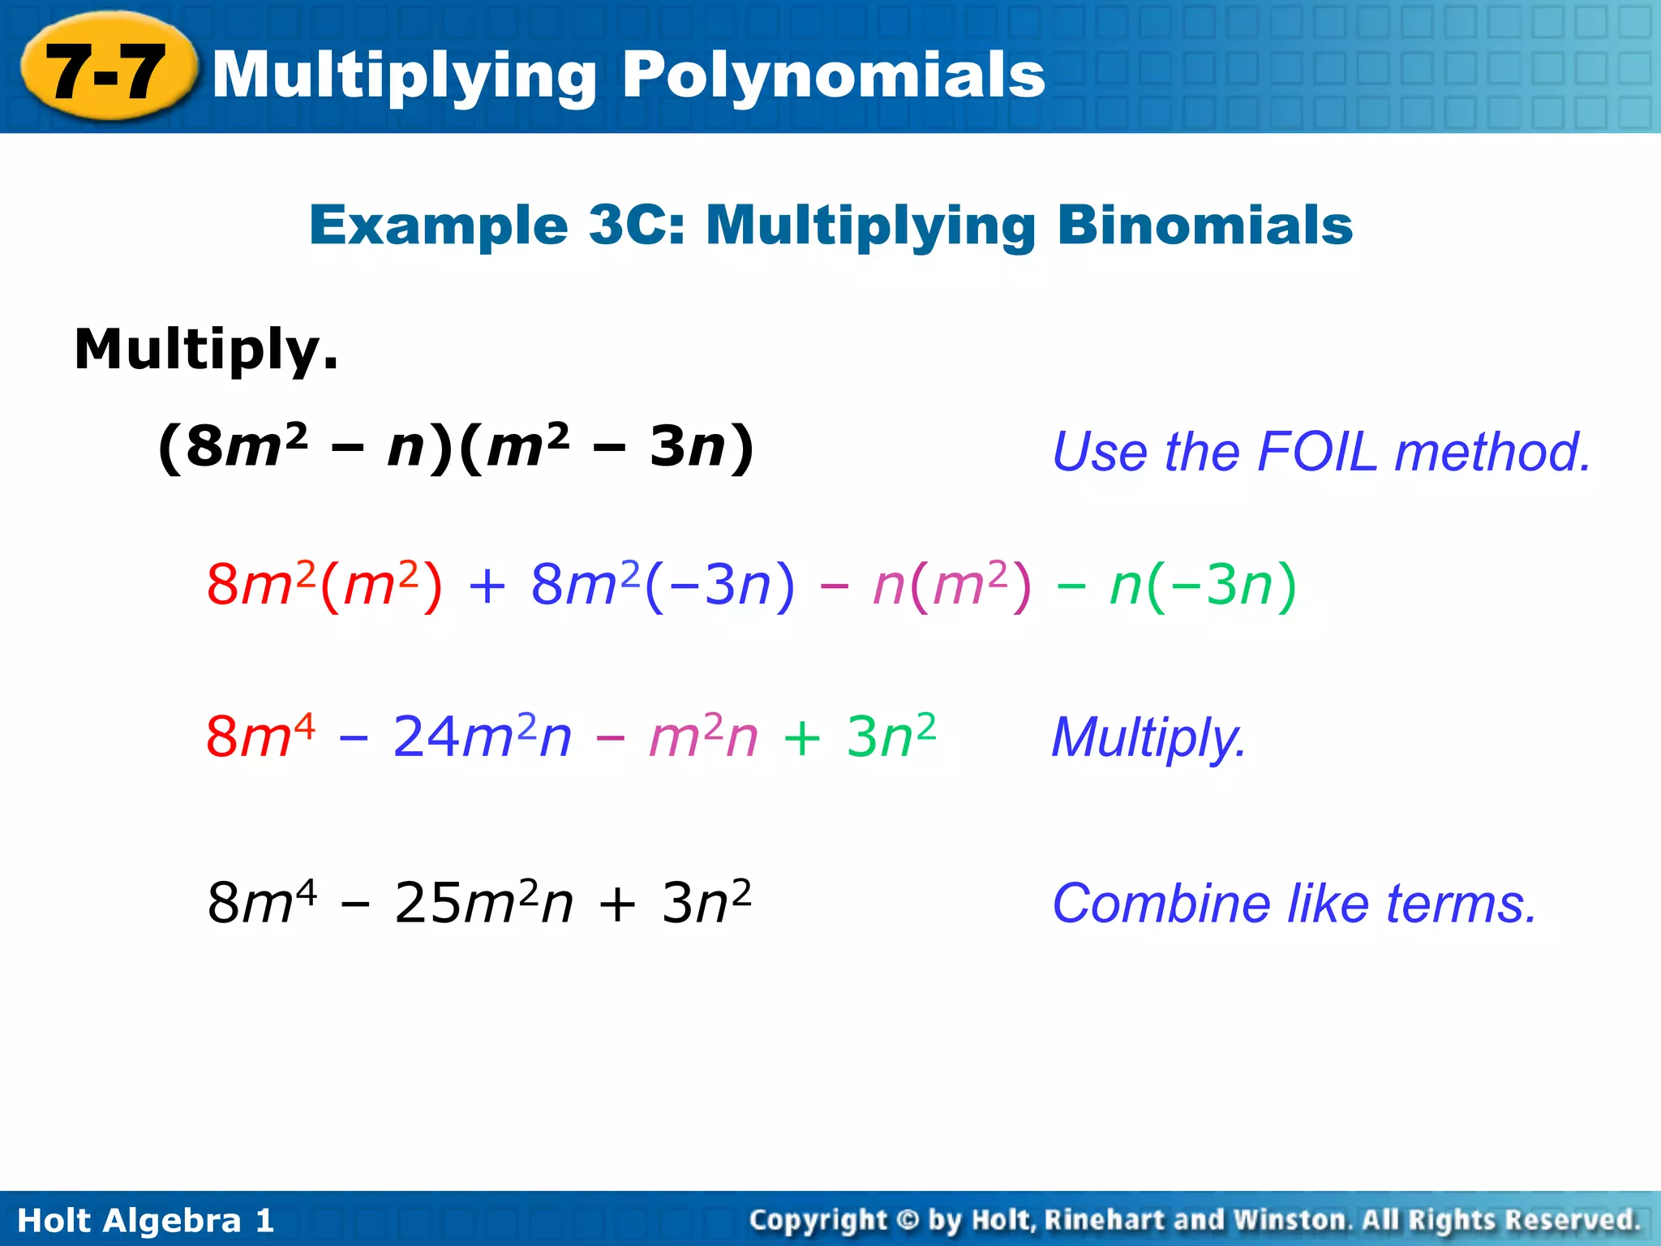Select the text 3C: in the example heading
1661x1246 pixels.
coord(637,225)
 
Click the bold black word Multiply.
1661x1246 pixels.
coord(206,350)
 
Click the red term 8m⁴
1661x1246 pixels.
coord(260,737)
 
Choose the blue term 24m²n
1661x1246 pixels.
coord(482,737)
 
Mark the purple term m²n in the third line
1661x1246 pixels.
coord(703,737)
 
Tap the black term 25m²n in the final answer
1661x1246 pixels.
coord(483,903)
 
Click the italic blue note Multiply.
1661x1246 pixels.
coord(1148,738)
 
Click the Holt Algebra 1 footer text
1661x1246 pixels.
coord(146,1220)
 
